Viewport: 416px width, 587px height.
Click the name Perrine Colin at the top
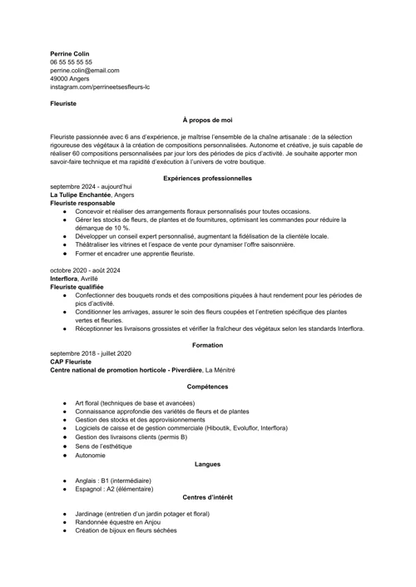[x=70, y=53]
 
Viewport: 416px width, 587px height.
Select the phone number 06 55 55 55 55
[x=71, y=62]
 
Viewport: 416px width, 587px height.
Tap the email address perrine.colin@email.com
[x=84, y=71]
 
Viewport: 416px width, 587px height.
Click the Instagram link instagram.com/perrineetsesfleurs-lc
[x=99, y=87]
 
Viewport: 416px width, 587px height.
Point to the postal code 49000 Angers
[x=71, y=79]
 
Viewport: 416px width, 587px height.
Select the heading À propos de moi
[x=207, y=121]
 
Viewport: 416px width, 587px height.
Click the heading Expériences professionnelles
[x=207, y=178]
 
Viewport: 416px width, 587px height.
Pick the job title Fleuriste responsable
[x=82, y=203]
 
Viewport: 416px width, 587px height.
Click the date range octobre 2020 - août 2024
[x=85, y=271]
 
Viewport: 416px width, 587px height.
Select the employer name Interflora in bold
[x=65, y=279]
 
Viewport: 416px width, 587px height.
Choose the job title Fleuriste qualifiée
[x=77, y=288]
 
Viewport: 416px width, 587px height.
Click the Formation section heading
[x=207, y=344]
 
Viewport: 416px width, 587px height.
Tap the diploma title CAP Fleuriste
[x=71, y=362]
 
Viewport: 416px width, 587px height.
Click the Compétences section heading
[x=207, y=387]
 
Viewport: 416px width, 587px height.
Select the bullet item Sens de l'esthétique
[x=103, y=446]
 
